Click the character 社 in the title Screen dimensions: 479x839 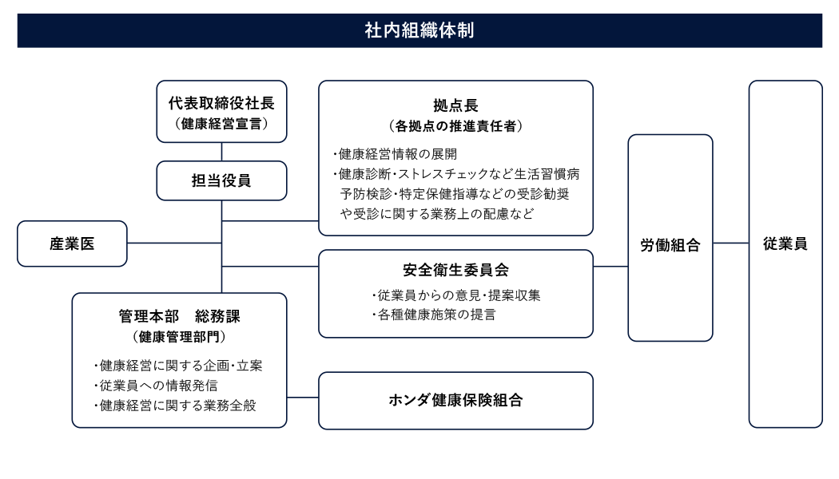(372, 31)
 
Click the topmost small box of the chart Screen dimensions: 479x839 (221, 111)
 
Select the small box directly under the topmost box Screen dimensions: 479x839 (221, 180)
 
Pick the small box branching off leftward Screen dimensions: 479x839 (72, 243)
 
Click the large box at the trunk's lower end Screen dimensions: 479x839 (179, 360)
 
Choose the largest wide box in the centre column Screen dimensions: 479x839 (455, 157)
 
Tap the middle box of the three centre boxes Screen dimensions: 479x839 (455, 293)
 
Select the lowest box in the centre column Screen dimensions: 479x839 (455, 400)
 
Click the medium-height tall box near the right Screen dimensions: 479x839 (670, 237)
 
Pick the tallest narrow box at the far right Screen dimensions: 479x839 (785, 253)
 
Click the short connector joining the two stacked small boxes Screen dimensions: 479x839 (221, 152)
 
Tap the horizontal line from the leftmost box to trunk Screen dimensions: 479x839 (173, 243)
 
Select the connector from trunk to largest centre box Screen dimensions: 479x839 (269, 220)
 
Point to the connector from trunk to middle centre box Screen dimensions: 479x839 (269, 266)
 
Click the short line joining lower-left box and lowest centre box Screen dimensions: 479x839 (302, 397)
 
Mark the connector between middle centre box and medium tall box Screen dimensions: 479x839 (610, 266)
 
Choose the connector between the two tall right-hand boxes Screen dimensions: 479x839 (730, 243)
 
